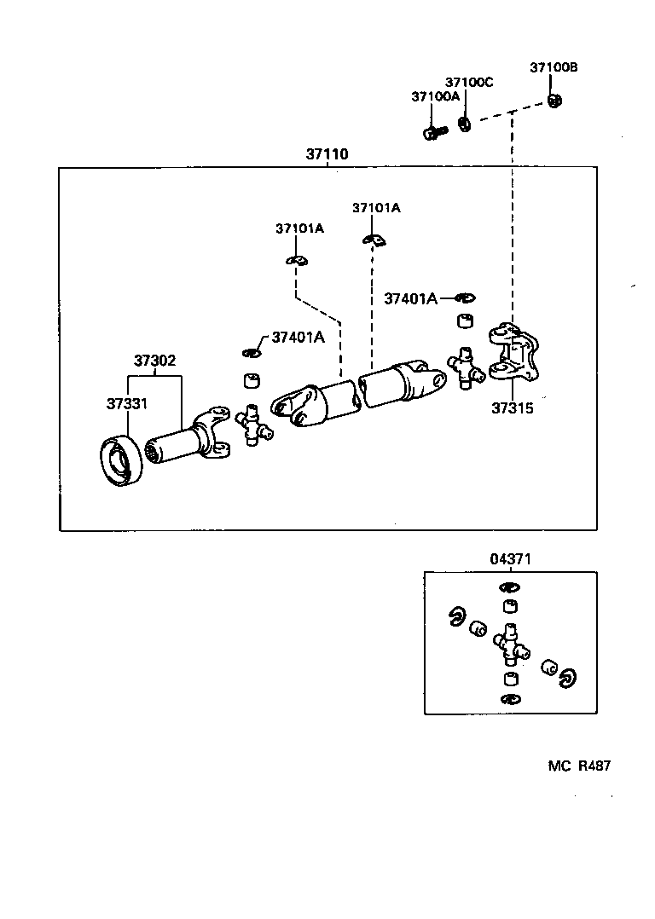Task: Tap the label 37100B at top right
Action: coord(554,67)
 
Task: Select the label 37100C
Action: coord(469,82)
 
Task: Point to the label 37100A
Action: coord(435,97)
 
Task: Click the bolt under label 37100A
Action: coord(433,132)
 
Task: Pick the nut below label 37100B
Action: coord(554,101)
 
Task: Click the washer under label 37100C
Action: coord(465,124)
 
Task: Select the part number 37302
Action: coord(154,361)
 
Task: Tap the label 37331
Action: coord(127,403)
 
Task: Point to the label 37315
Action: coord(512,408)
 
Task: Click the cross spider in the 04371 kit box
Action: coord(511,647)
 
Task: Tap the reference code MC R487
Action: coord(579,766)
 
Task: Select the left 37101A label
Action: coord(299,228)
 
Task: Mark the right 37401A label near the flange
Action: coord(410,298)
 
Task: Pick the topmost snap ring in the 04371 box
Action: coord(510,587)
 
